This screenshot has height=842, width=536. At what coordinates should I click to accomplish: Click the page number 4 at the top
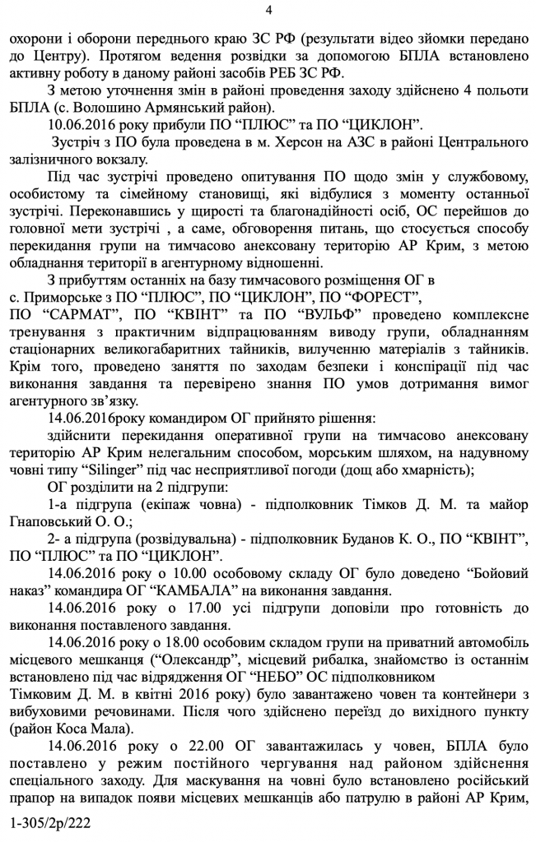click(268, 9)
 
